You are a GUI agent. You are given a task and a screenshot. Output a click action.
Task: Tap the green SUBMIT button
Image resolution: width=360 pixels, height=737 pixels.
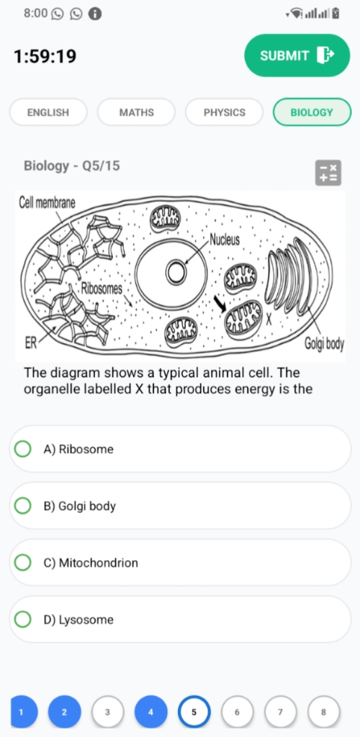coord(297,55)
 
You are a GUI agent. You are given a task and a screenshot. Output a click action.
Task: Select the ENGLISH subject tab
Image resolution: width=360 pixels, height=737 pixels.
coord(48,112)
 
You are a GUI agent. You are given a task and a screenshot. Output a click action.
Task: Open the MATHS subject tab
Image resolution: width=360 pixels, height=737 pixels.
coord(136,112)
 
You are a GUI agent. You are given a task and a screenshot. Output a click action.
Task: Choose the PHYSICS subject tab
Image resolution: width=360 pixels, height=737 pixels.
coord(224,112)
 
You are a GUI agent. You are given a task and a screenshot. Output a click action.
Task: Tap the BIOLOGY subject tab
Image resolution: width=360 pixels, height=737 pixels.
coord(312,112)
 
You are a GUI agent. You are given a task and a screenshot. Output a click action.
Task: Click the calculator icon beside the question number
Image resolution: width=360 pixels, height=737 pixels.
coord(328,173)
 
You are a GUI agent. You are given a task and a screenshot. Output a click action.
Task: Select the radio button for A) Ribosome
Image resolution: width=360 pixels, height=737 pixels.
coord(22,449)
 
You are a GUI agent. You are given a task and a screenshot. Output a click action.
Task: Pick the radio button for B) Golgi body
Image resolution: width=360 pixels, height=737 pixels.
coord(22,506)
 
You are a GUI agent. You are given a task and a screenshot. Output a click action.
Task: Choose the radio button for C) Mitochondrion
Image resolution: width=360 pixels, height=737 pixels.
coord(22,563)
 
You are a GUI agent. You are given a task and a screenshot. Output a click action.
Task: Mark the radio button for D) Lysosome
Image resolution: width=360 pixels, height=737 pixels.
coord(22,620)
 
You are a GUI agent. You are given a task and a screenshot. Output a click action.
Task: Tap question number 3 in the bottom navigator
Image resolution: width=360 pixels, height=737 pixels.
coord(107,712)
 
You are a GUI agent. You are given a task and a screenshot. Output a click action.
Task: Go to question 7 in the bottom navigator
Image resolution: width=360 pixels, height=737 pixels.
coord(280,712)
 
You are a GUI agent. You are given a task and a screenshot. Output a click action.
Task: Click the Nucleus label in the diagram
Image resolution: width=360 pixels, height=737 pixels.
coord(225,240)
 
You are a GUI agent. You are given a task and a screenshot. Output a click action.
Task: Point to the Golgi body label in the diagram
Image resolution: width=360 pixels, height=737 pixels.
coord(324,345)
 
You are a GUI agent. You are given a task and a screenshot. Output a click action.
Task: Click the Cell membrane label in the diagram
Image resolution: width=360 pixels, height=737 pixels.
coord(47,203)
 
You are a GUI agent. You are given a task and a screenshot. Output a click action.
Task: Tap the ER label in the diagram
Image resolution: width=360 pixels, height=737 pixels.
coord(30,344)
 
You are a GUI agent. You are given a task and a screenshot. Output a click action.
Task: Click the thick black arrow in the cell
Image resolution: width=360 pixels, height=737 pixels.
coord(220,304)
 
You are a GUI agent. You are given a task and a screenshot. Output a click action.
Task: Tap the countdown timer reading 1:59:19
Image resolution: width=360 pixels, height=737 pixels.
coord(45,56)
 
